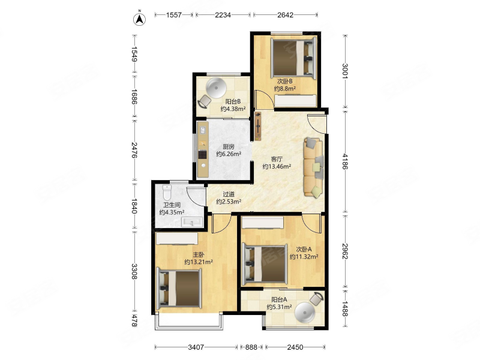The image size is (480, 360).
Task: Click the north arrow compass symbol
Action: [139, 19]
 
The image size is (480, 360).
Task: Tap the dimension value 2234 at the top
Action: [223, 14]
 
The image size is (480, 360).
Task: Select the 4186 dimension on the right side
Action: [346, 161]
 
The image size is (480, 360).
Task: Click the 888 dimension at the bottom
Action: [251, 347]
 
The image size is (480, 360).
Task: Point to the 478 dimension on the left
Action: [134, 320]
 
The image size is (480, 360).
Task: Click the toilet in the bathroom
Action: [167, 192]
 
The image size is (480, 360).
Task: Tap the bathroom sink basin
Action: [192, 221]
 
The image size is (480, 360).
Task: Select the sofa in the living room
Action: [313, 167]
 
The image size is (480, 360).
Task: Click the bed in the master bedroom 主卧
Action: [179, 289]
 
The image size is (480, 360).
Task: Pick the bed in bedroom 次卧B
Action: [293, 57]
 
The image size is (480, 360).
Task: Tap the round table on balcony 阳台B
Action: [216, 88]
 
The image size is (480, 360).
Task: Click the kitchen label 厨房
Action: [229, 146]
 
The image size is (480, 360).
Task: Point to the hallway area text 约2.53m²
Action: [229, 202]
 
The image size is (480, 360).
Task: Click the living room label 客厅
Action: [277, 159]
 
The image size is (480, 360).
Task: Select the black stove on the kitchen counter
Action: [203, 155]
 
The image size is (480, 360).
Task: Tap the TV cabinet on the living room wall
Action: [258, 126]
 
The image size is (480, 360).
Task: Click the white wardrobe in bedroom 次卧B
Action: [295, 101]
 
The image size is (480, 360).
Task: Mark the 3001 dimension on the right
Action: [346, 71]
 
